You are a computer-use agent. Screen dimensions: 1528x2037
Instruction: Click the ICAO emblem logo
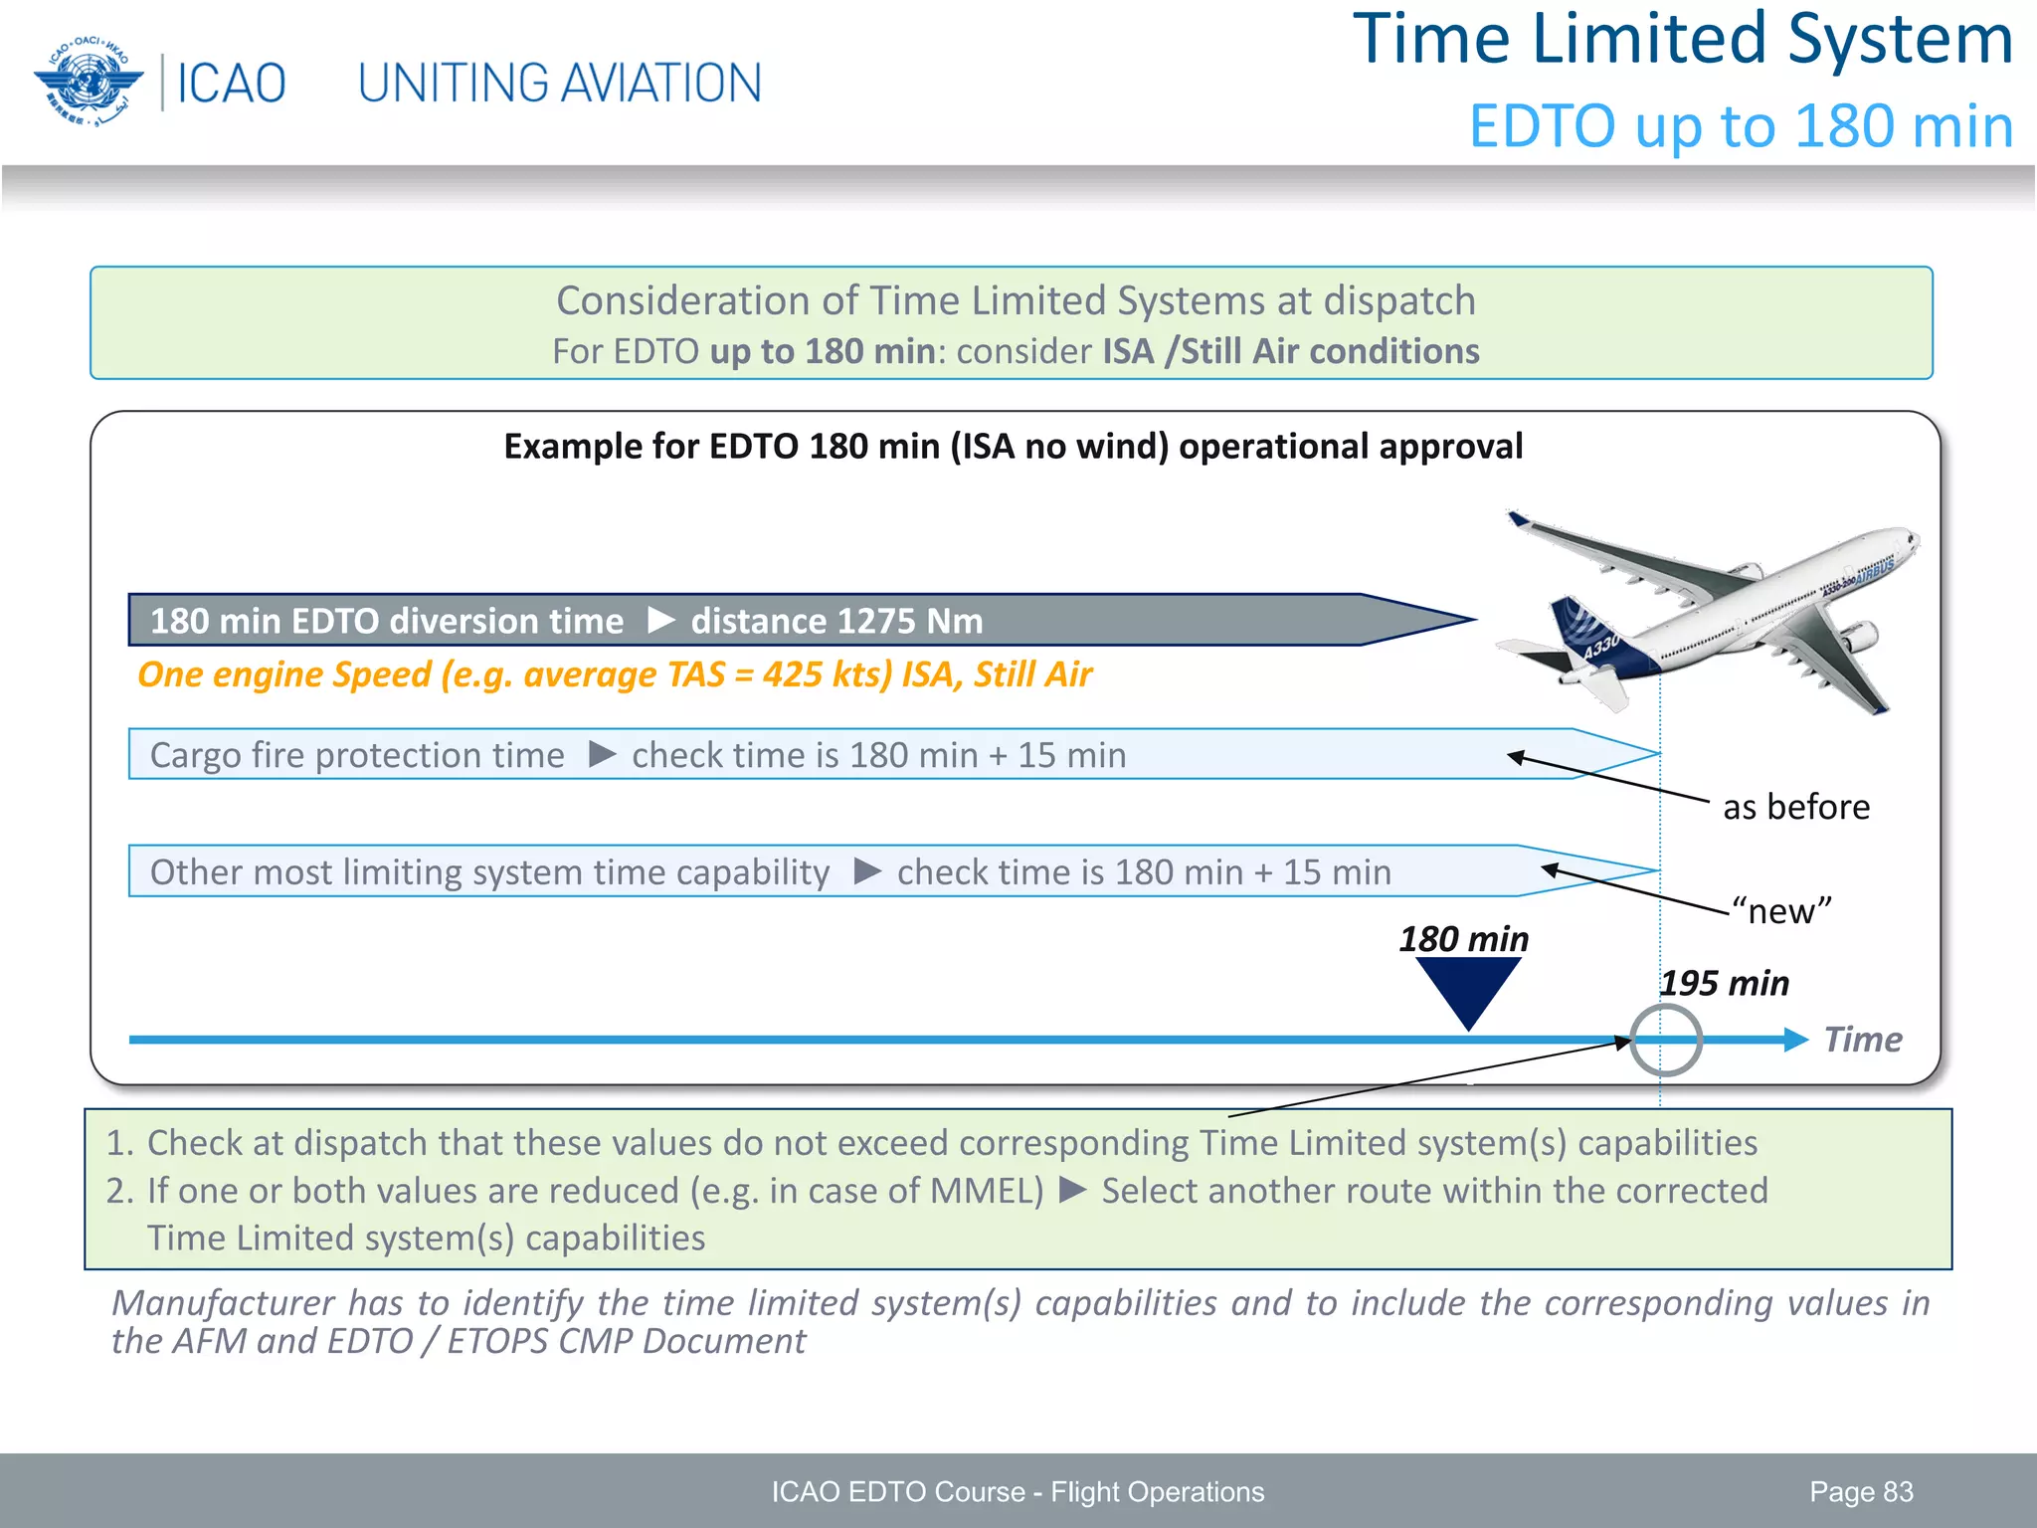click(x=88, y=82)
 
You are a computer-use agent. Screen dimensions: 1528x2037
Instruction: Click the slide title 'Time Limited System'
click(x=1683, y=40)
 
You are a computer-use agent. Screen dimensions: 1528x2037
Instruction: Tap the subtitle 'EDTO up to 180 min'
click(x=1741, y=127)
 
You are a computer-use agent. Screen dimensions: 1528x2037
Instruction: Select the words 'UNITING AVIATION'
click(x=559, y=84)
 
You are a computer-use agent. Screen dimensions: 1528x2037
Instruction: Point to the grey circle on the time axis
click(x=1666, y=1040)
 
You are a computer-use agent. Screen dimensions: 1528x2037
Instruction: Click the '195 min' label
click(x=1725, y=983)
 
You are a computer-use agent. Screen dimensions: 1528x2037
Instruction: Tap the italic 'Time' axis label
click(x=1862, y=1040)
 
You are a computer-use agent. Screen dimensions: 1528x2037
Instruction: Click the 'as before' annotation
click(x=1795, y=807)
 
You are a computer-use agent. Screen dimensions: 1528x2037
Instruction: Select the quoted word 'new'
click(x=1780, y=911)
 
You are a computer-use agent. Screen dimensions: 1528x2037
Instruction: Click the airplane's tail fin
click(x=1586, y=637)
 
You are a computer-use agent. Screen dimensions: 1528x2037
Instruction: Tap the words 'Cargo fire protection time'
click(x=357, y=755)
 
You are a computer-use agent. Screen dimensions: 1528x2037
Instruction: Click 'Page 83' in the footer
click(x=1861, y=1491)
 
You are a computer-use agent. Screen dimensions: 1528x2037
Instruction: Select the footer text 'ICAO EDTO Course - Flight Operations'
click(x=1018, y=1491)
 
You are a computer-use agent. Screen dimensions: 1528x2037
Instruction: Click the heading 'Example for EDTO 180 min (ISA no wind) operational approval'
click(x=1013, y=447)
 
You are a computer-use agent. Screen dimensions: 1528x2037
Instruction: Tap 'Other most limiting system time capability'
click(x=489, y=872)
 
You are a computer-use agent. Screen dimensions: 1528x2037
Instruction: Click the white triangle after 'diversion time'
click(x=661, y=621)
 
